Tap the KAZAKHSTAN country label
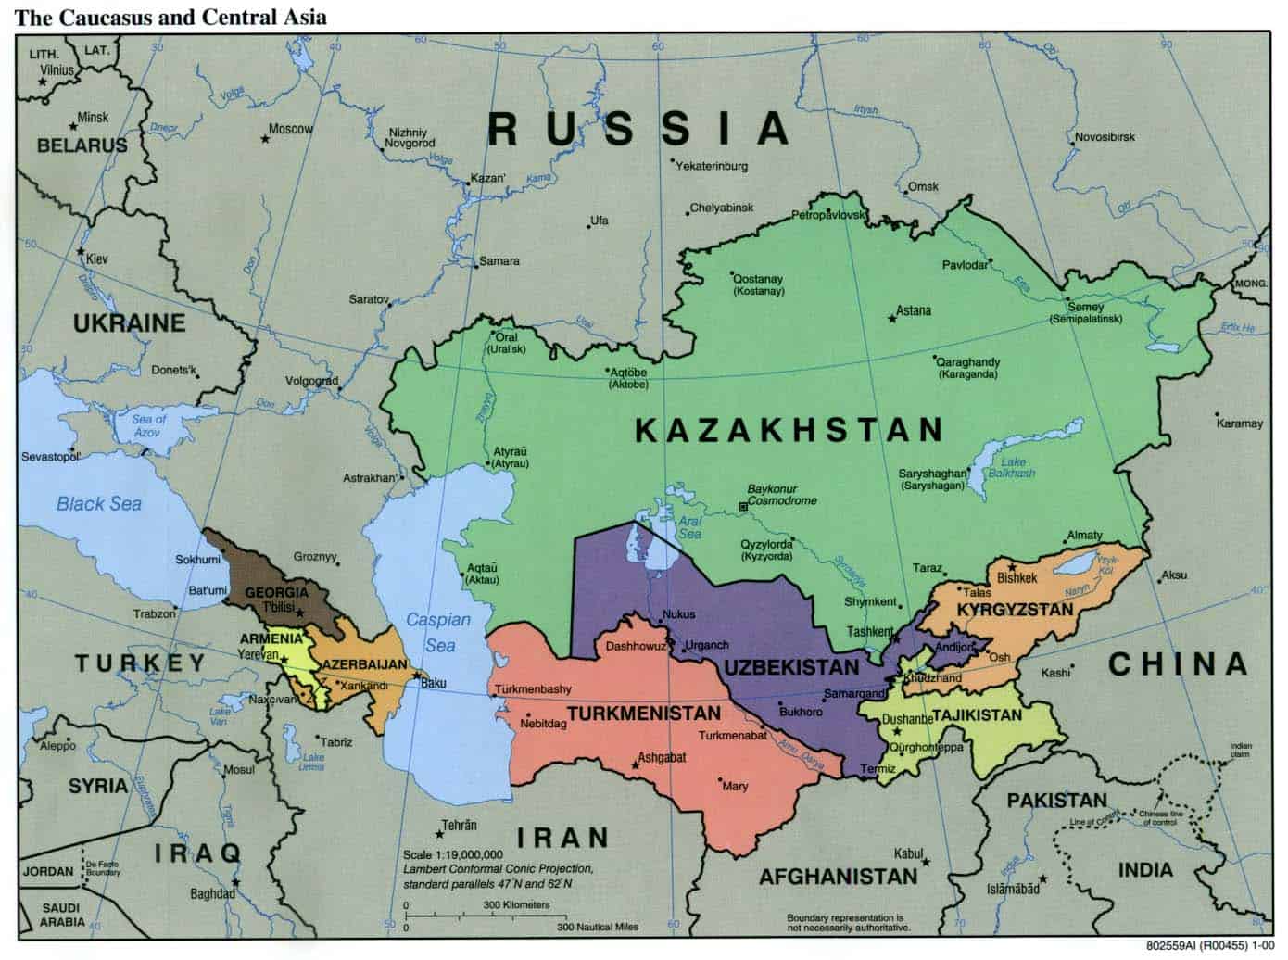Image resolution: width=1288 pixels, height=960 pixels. [x=789, y=430]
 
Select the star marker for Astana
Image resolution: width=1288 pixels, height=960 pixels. [x=892, y=319]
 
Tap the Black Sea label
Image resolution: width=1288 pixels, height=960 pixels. [x=99, y=503]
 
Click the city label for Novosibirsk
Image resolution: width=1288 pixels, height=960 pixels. [x=1105, y=137]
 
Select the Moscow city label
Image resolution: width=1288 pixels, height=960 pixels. [x=290, y=130]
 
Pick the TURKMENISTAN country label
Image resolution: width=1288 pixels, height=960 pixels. [x=643, y=714]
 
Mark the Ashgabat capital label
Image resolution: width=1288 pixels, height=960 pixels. [x=663, y=757]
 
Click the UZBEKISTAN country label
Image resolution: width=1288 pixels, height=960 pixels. [x=791, y=667]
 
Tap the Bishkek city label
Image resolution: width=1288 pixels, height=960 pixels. [x=1017, y=578]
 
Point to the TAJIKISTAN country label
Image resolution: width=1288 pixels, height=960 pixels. [x=977, y=714]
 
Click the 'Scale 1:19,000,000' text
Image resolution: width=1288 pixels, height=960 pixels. [x=453, y=854]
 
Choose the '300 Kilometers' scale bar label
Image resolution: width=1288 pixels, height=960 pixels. [x=516, y=904]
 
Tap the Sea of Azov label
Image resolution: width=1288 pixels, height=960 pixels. [x=148, y=425]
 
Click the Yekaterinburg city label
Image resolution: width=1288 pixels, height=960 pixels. [x=712, y=167]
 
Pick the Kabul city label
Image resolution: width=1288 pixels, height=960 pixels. [x=909, y=853]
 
